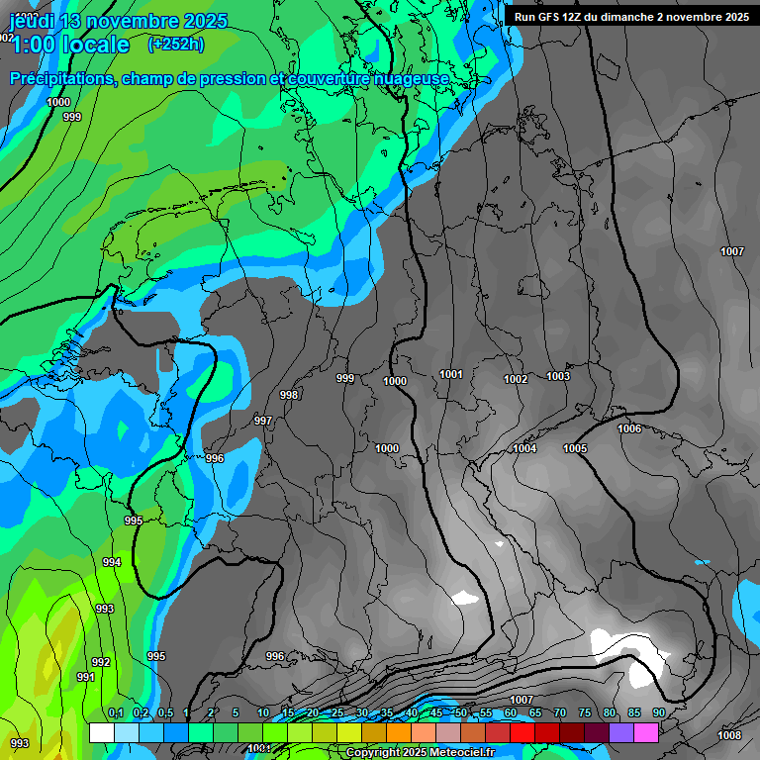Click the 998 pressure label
289,395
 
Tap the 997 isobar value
263,421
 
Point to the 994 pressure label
112,562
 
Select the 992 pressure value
101,662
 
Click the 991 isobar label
86,677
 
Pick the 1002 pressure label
516,380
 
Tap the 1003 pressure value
558,376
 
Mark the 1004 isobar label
524,449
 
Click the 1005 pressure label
575,448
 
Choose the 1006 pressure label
629,428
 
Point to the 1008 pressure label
729,735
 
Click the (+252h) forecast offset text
176,44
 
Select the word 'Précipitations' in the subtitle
60,79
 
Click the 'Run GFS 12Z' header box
631,16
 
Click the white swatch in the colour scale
101,732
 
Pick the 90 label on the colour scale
658,712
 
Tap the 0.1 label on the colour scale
116,712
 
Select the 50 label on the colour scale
461,712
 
